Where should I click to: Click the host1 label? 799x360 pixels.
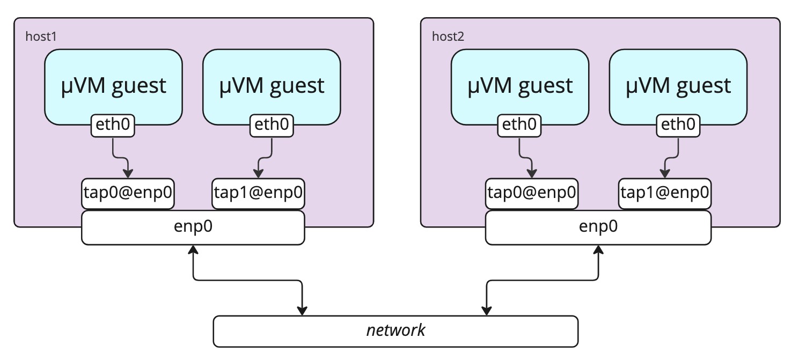pyautogui.click(x=41, y=37)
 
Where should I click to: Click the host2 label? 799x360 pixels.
pyautogui.click(x=448, y=37)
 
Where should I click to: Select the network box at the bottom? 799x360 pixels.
pyautogui.click(x=395, y=331)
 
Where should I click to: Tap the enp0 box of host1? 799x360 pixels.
pyautogui.click(x=193, y=227)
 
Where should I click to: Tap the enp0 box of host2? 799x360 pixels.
pyautogui.click(x=598, y=227)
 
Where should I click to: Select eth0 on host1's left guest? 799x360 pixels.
pyautogui.click(x=113, y=126)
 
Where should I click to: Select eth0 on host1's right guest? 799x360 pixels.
pyautogui.click(x=272, y=126)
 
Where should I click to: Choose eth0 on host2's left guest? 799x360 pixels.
pyautogui.click(x=519, y=126)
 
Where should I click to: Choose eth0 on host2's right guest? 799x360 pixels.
pyautogui.click(x=678, y=126)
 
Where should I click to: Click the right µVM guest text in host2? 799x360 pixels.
pyautogui.click(x=678, y=86)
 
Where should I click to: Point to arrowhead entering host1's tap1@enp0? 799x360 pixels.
pyautogui.click(x=258, y=174)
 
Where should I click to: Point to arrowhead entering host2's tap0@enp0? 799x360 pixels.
pyautogui.click(x=532, y=174)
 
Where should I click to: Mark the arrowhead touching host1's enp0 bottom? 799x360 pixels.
pyautogui.click(x=193, y=249)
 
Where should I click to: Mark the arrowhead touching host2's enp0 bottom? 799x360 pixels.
pyautogui.click(x=598, y=249)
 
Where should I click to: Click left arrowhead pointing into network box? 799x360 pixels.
pyautogui.click(x=302, y=311)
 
